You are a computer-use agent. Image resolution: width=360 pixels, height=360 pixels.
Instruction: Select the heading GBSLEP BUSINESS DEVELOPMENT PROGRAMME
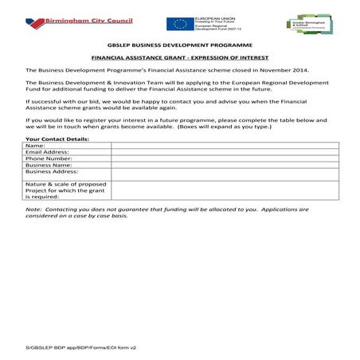coord(179,46)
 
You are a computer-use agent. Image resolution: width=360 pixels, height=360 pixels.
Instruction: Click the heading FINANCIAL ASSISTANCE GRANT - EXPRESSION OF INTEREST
coord(179,58)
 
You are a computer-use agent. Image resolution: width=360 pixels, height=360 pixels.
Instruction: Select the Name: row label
coord(35,146)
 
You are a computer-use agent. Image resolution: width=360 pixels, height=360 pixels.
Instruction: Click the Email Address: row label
coord(47,152)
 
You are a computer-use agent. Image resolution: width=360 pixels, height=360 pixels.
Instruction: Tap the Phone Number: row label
coord(49,158)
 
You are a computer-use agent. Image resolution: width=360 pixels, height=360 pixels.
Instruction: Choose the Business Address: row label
coord(52,171)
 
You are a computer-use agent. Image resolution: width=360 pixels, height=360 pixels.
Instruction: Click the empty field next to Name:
coord(224,146)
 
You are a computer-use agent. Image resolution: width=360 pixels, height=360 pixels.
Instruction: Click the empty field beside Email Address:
coord(224,152)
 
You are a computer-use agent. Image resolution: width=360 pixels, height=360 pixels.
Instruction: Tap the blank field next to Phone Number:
coord(224,158)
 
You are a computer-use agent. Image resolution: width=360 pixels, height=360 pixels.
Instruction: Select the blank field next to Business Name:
coord(224,165)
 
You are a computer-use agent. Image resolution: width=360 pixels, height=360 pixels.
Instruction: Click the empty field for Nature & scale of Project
coord(224,190)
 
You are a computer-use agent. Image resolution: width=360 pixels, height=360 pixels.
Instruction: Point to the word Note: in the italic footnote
coord(34,209)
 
